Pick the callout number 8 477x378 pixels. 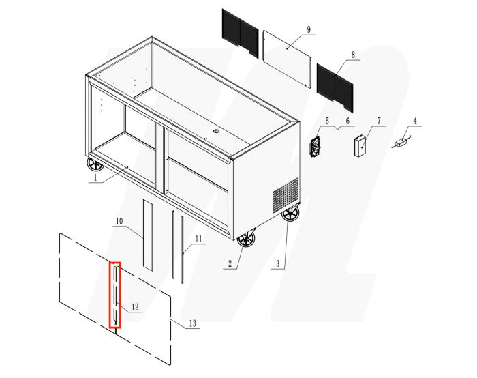353,55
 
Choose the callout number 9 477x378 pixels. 309,29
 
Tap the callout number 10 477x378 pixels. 119,222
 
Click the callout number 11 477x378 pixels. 198,239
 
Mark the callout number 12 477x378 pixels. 134,308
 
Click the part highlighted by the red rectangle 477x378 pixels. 116,295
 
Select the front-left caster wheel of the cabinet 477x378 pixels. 93,164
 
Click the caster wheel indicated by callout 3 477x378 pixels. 291,214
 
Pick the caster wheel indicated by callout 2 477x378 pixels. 246,239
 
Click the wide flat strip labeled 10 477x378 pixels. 148,233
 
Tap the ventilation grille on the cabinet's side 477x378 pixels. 286,194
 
